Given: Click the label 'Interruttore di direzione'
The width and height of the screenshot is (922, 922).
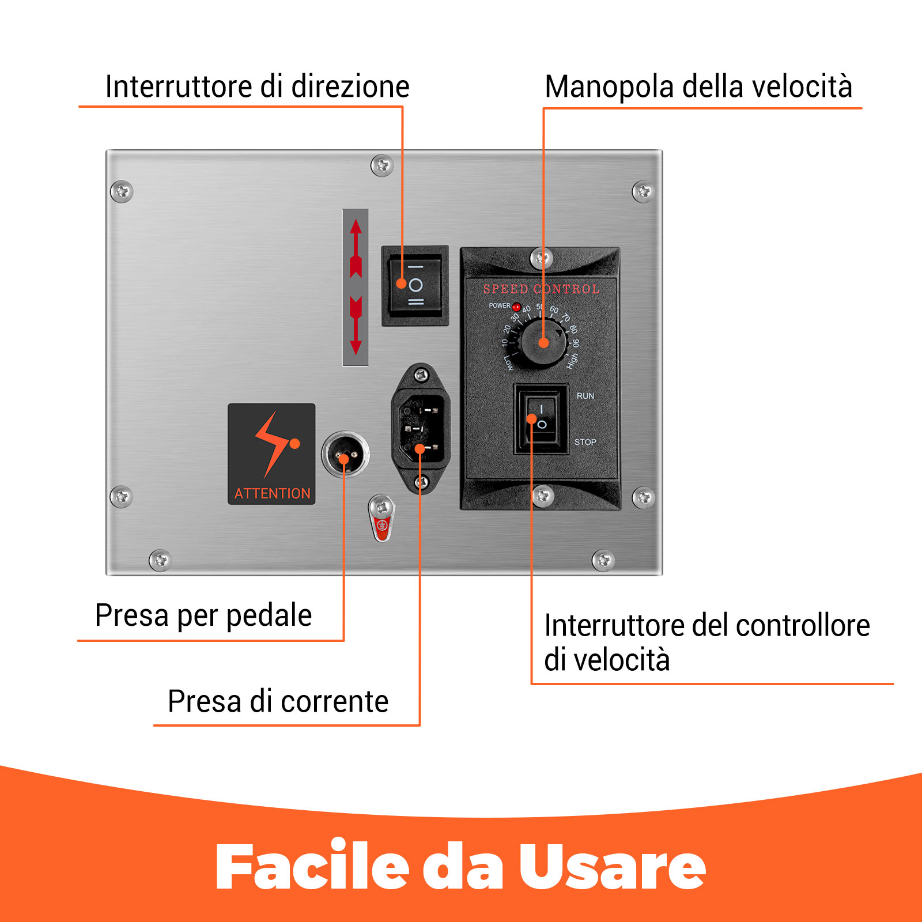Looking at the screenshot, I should click(257, 87).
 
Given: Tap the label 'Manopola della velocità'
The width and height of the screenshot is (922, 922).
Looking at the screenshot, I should click(698, 87).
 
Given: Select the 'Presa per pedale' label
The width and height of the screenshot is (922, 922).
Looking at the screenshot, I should click(203, 615).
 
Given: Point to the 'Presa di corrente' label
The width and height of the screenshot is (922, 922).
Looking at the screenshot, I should click(278, 701).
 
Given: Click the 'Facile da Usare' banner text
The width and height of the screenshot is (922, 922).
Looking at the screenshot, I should click(461, 867).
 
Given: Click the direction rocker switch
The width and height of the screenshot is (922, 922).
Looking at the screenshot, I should click(415, 285).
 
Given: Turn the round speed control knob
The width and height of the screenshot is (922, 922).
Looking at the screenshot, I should click(543, 342).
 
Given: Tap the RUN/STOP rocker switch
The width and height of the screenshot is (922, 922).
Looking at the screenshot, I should click(541, 419).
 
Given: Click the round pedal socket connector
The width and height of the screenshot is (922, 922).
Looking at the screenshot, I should click(345, 454).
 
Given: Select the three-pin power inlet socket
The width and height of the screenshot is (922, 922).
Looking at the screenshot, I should click(421, 428).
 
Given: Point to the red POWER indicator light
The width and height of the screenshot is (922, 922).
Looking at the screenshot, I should click(516, 307).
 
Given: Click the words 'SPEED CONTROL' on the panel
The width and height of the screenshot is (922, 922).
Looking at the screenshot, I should click(541, 289).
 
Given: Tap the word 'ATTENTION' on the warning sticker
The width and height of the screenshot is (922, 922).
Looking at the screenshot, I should click(272, 493).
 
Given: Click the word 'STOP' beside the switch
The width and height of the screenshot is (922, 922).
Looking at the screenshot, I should click(585, 442).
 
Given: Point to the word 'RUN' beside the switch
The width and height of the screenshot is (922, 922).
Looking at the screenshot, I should click(585, 396).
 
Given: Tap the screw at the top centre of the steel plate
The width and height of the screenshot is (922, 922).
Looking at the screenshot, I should click(381, 166).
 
